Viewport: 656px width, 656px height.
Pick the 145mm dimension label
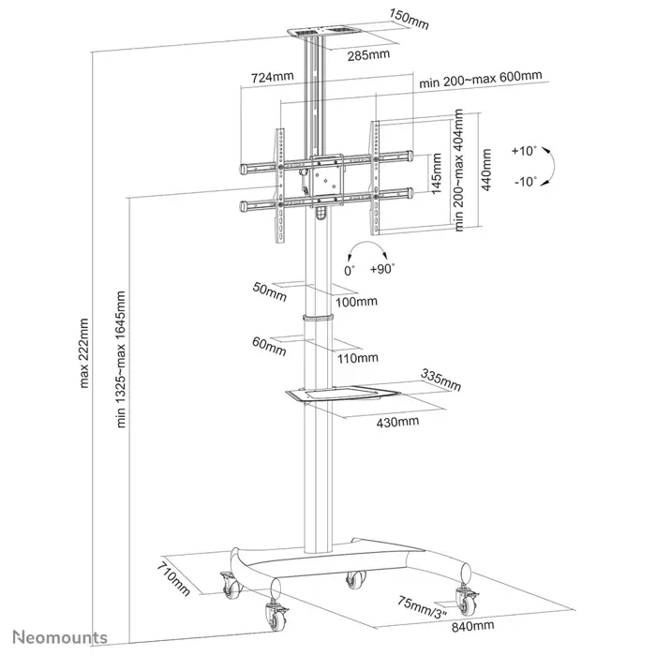tap(437, 173)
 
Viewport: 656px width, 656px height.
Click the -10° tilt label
tap(525, 181)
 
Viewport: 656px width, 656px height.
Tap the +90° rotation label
tap(381, 268)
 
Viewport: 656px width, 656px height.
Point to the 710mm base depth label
tap(173, 578)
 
